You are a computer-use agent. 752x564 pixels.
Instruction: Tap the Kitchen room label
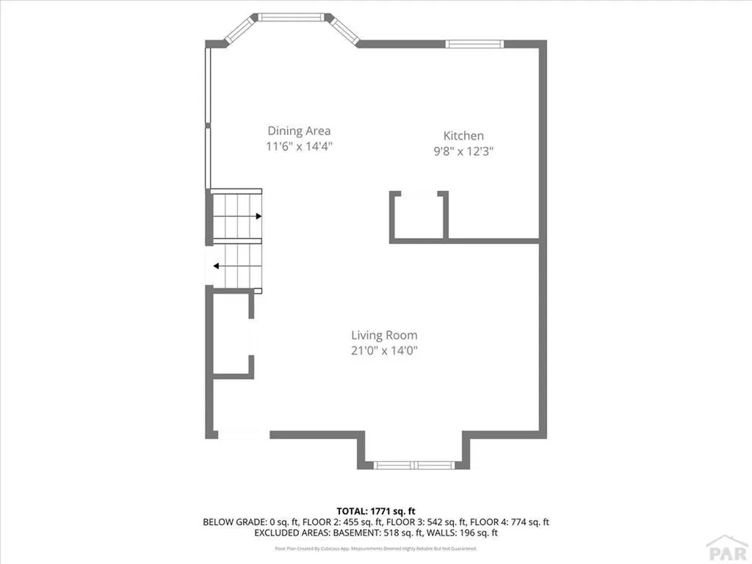point(463,135)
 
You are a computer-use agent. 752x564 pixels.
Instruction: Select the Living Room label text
point(384,335)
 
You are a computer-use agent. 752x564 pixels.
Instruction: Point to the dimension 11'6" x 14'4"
point(300,146)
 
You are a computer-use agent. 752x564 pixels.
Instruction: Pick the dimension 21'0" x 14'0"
point(384,350)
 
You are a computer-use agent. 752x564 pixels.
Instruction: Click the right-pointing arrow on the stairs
point(258,217)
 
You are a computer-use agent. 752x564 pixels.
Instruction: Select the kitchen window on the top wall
point(474,44)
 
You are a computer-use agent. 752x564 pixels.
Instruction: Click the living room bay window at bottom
point(413,465)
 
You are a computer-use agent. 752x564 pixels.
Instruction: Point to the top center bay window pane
point(292,16)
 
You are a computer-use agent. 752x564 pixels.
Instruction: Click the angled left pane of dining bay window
point(239,29)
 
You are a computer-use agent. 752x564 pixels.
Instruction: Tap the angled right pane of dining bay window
point(344,29)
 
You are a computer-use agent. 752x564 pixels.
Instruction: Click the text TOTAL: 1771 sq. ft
point(375,510)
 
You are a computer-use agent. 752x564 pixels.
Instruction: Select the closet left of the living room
point(232,334)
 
